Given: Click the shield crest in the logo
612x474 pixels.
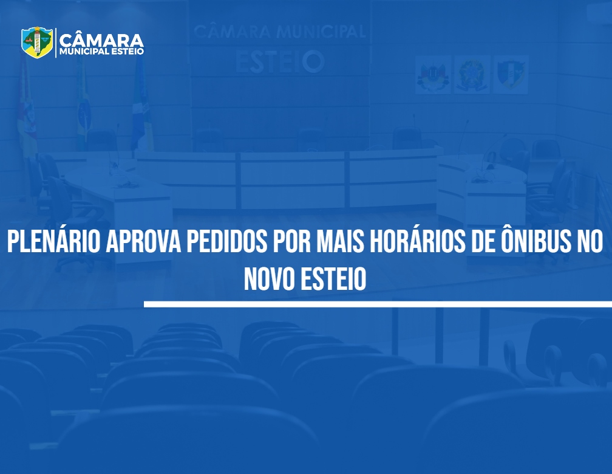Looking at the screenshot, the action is click(x=37, y=42).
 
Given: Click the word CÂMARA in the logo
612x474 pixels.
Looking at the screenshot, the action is click(x=101, y=40).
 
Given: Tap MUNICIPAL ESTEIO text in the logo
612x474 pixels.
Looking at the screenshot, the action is click(x=101, y=52).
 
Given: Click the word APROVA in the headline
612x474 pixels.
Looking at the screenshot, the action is click(x=143, y=241).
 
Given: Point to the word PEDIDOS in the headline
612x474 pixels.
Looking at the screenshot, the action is click(x=227, y=241).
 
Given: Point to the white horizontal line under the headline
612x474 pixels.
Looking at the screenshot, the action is click(x=378, y=304).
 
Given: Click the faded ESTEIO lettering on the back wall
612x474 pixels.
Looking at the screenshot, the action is click(x=280, y=62).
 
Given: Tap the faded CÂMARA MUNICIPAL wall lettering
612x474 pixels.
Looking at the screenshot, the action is click(x=280, y=32).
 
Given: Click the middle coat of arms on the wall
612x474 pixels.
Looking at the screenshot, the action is click(x=472, y=75).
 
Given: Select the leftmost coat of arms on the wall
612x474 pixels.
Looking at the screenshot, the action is click(x=433, y=75).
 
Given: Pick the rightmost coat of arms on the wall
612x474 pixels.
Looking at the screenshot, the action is click(x=511, y=75).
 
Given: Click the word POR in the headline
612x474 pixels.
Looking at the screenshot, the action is click(x=291, y=241).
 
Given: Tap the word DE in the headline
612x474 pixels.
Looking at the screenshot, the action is click(x=483, y=241).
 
